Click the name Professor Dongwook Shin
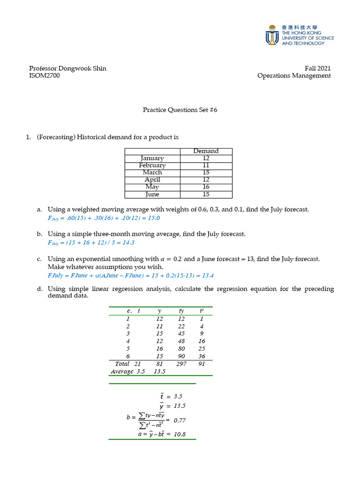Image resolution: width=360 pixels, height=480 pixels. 67,68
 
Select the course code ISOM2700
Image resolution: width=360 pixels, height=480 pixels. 45,75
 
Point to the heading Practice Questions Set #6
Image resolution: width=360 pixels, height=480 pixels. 180,110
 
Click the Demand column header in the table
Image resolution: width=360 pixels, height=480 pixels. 206,151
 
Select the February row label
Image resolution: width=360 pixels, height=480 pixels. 152,165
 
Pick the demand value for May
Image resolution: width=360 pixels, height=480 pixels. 206,187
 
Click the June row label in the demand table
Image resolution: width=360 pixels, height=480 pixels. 152,195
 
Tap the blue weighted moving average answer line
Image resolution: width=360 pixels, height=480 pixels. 104,218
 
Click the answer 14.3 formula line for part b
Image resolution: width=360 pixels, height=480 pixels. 91,242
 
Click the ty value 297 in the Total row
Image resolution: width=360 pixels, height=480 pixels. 181,363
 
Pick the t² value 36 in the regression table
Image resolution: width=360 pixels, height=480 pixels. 202,356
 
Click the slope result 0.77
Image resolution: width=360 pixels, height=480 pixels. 180,420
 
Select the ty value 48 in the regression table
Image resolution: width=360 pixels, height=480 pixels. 181,341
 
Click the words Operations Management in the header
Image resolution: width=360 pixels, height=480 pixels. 294,75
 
